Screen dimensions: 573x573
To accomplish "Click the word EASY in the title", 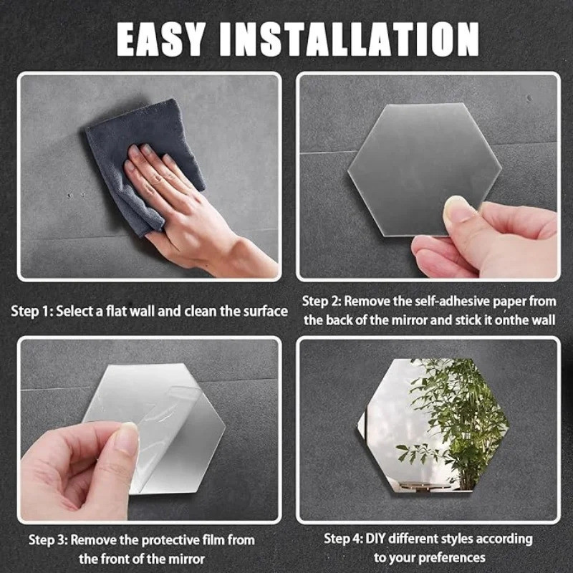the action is [x=160, y=39].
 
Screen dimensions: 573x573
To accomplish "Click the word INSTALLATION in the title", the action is [x=349, y=39].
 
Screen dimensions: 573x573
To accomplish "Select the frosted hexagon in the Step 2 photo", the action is [x=425, y=169].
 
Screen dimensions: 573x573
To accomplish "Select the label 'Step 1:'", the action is [x=32, y=312].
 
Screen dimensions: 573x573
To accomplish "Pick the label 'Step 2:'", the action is [x=322, y=302].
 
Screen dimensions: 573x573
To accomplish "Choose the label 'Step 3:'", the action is [x=48, y=540].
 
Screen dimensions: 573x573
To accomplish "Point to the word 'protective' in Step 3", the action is [x=169, y=540].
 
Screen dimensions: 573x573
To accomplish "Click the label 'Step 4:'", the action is [x=344, y=539].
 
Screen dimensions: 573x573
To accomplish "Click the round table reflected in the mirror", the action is [x=424, y=485].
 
